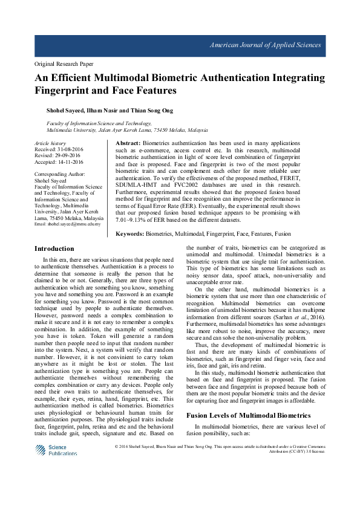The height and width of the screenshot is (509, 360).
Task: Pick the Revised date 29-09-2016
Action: pyautogui.click(x=69, y=156)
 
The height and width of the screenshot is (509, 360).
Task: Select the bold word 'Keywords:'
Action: pyautogui.click(x=129, y=232)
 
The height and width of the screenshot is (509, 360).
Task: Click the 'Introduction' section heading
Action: pyautogui.click(x=54, y=248)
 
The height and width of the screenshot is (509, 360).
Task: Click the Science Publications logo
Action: pyautogui.click(x=55, y=450)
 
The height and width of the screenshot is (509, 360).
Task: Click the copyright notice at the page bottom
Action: pyautogui.click(x=220, y=449)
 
